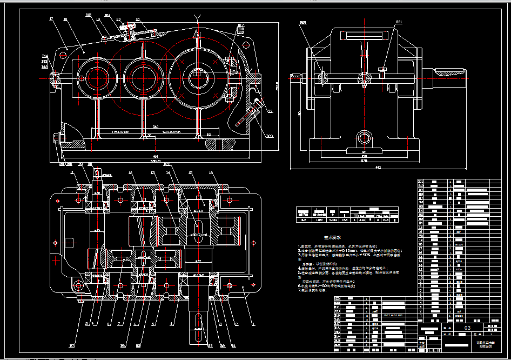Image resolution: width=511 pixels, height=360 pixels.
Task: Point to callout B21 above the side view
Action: pyautogui.click(x=399, y=23)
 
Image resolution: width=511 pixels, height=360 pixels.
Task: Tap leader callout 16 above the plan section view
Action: pyautogui.click(x=211, y=172)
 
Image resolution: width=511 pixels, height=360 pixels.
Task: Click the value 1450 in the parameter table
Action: pyautogui.click(x=319, y=219)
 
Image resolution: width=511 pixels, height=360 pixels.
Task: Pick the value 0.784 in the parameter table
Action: pyautogui.click(x=333, y=219)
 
